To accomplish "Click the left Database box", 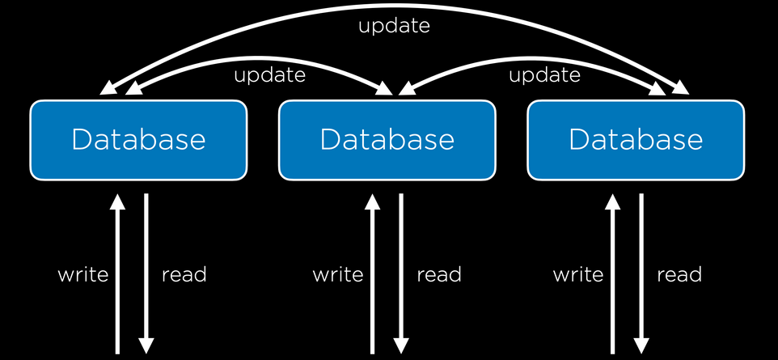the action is click(x=138, y=140).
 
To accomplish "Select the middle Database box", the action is click(x=387, y=140).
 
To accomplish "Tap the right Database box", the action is click(x=636, y=140).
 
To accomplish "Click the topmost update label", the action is click(x=394, y=26).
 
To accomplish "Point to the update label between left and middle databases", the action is click(x=269, y=75).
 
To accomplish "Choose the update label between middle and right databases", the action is click(x=544, y=75).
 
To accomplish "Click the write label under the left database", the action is click(x=82, y=274).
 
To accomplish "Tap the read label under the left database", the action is click(x=184, y=274).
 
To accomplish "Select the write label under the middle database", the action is click(x=338, y=274).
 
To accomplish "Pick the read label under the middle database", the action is click(x=439, y=274).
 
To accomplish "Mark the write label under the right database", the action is click(x=578, y=274).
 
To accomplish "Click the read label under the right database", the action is click(x=679, y=274).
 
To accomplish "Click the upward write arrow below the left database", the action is click(x=117, y=273).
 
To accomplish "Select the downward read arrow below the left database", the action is click(x=146, y=273).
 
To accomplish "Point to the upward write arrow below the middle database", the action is click(x=373, y=273).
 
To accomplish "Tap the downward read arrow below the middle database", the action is click(x=401, y=273).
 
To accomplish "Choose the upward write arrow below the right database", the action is click(x=613, y=273).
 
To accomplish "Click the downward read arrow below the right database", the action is click(x=641, y=273).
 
